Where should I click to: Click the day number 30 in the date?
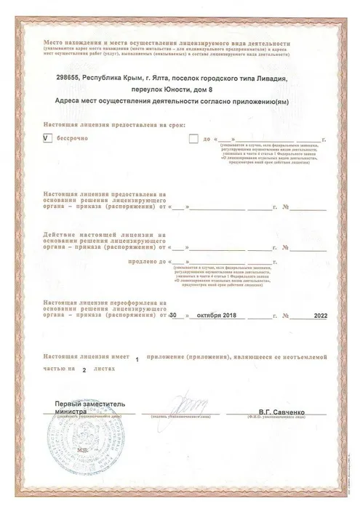click(x=172, y=316)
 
